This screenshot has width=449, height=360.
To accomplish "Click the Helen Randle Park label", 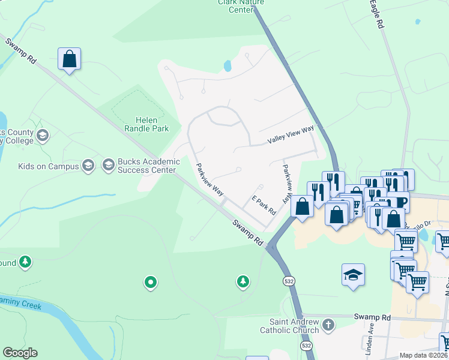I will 146,124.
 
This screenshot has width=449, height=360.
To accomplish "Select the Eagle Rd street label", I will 375,14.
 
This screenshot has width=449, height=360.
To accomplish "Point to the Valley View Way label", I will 291,134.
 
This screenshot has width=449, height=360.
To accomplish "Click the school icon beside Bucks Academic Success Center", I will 109,164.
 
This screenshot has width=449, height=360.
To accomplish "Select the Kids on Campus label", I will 48,166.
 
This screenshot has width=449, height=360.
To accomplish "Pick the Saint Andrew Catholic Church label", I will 290,326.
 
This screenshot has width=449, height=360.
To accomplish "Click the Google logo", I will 20,353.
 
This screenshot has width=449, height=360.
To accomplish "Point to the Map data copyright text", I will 424,355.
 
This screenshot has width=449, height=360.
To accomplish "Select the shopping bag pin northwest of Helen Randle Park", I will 70,59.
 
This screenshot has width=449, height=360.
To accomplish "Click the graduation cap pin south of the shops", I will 354,275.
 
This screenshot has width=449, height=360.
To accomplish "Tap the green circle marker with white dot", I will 151,281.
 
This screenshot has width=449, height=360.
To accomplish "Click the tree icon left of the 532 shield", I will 243,281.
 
